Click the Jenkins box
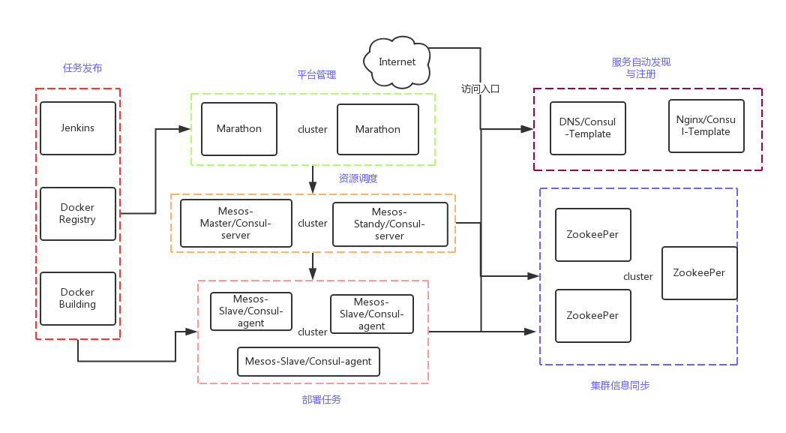tap(78, 128)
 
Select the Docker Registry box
tap(78, 214)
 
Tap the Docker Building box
tap(78, 299)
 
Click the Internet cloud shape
tap(397, 62)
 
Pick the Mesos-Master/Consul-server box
tap(235, 223)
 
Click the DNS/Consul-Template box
tap(587, 128)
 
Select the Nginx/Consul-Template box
tap(706, 126)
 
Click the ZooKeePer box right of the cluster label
tap(699, 273)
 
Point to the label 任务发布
tap(82, 68)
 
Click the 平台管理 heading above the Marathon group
tap(316, 75)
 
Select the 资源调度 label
tap(358, 179)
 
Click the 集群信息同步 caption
tap(619, 386)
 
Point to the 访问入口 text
tap(480, 89)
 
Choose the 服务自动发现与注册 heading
tap(640, 68)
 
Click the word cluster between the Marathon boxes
tap(313, 130)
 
